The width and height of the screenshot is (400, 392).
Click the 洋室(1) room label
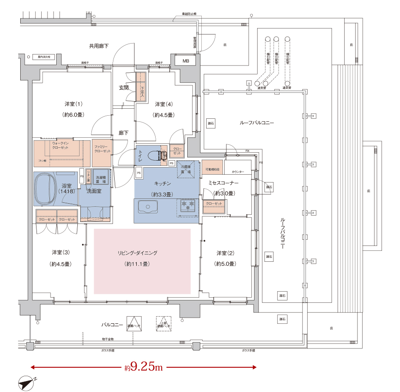pos(73,104)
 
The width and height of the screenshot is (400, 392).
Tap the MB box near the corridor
pos(186,61)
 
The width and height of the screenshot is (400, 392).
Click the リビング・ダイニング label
pos(137,253)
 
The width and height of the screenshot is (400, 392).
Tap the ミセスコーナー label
pos(223,182)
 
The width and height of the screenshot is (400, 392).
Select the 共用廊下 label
pos(99,45)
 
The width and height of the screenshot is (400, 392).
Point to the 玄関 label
pos(124,88)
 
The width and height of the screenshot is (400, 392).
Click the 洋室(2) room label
pos(225,253)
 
